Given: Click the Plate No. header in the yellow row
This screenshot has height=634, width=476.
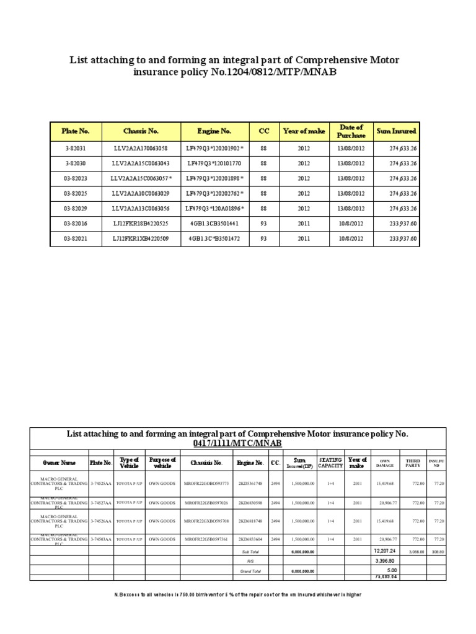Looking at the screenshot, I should click(x=75, y=131).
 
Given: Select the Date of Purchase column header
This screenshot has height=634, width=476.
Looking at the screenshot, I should click(x=351, y=131).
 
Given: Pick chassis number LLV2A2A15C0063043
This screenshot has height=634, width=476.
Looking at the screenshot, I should click(x=140, y=163).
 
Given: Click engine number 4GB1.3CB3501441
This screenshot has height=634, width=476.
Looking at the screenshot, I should click(x=214, y=224).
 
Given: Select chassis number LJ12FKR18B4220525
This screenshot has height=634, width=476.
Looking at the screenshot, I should click(x=140, y=224).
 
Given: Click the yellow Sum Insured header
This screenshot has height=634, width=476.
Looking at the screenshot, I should click(x=396, y=131).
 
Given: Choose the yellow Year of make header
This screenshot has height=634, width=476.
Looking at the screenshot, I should click(x=304, y=131).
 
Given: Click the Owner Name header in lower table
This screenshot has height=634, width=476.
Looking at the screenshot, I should click(x=59, y=462).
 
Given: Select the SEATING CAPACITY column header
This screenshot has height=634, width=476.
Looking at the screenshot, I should click(x=330, y=462).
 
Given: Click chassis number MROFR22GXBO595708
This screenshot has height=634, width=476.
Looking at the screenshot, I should click(x=206, y=521).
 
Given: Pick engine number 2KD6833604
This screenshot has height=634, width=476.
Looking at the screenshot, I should click(x=251, y=539).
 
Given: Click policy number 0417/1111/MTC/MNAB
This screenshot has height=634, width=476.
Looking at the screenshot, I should click(x=237, y=444).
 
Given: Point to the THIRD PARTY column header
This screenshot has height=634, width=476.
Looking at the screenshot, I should click(x=413, y=462).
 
